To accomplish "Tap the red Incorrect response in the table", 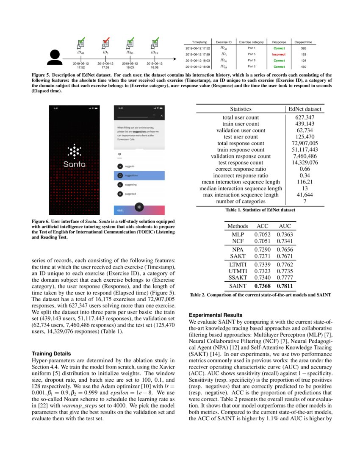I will [279, 54].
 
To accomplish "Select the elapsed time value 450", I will [304, 67].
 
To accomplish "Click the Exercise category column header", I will [251, 42].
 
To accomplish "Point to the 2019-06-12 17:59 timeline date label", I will [106, 65].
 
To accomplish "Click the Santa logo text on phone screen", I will [74, 164].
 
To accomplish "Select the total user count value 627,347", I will [305, 117].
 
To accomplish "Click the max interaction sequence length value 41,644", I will [305, 194].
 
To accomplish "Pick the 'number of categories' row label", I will [241, 201].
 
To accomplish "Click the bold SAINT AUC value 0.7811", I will [285, 286].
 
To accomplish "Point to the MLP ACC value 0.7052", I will [263, 234].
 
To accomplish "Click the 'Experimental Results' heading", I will [216, 315].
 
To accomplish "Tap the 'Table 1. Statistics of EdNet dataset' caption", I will [260, 209].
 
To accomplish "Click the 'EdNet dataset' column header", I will [305, 109].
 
